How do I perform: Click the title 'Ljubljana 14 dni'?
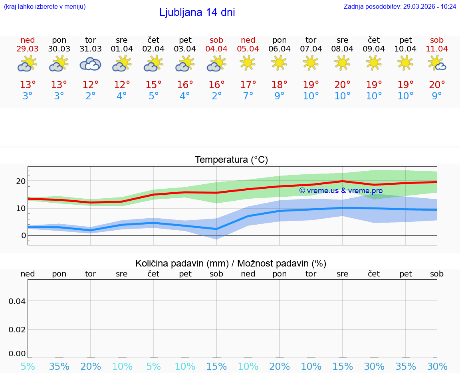[x=197, y=12]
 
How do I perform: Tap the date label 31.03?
[x=91, y=49]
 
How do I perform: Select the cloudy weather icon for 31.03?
[x=90, y=64]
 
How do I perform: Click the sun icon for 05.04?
[x=248, y=63]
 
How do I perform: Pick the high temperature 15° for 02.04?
[x=153, y=85]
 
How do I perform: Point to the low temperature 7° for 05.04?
[x=248, y=96]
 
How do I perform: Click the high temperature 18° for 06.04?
[x=279, y=85]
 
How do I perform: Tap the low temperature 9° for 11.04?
[x=437, y=96]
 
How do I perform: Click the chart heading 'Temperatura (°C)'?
[x=231, y=160]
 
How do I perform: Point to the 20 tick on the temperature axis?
[x=21, y=181]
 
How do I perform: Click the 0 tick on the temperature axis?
[x=24, y=235]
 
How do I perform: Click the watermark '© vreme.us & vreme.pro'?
[x=341, y=191]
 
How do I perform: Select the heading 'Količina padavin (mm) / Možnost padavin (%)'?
[x=231, y=263]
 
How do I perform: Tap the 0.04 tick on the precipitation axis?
[x=17, y=301]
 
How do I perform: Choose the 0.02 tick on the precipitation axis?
[x=17, y=330]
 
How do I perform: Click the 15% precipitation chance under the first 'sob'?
[x=216, y=367]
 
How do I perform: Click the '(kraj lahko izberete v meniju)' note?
[x=45, y=7]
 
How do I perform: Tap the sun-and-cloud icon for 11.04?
[x=437, y=63]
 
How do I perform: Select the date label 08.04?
[x=342, y=49]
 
